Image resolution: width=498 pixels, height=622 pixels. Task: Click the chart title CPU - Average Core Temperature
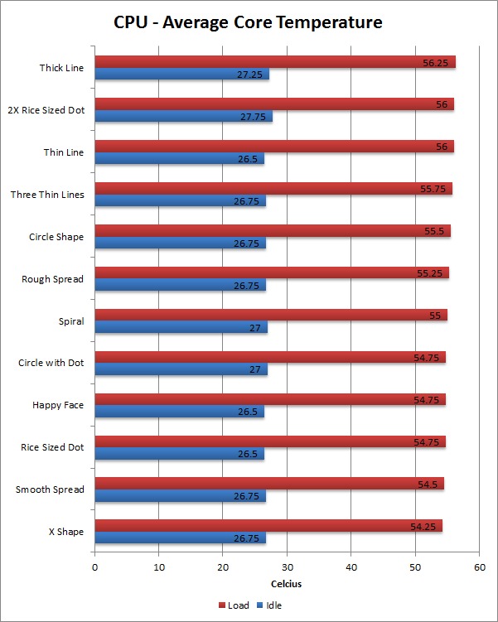coord(249,22)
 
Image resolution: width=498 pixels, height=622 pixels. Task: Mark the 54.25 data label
coord(425,526)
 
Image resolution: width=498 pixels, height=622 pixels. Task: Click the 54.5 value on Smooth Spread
coord(429,484)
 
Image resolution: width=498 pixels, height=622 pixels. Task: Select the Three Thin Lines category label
coord(46,195)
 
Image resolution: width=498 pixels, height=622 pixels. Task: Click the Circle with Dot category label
coord(51,363)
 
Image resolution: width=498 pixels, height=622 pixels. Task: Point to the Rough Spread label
coord(52,279)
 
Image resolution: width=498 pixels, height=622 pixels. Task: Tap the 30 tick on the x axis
coord(287,567)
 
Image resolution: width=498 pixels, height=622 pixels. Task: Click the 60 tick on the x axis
coord(479,567)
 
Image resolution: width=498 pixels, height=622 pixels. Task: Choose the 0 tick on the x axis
coord(95,567)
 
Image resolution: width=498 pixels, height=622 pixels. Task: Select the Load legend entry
coord(234,605)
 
